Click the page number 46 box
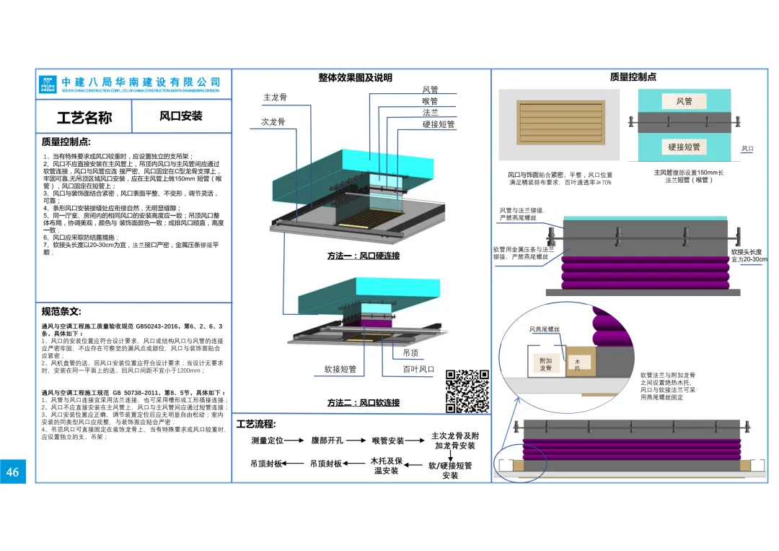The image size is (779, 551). coord(13,472)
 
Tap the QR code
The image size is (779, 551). coord(468,391)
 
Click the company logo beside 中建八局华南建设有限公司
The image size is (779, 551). coord(48,84)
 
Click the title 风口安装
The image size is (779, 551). coord(181,116)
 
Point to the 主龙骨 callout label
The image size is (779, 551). coord(276,97)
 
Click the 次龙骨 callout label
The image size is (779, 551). coord(273,121)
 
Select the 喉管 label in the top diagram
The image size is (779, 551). coord(430,101)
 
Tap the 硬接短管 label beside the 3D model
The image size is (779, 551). coord(439,123)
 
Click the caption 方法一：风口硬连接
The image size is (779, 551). coord(364,256)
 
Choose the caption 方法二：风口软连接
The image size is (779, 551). coord(364,402)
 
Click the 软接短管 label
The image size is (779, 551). coord(340,369)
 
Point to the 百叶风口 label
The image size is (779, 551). coord(418,369)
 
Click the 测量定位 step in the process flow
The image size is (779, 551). coord(267,440)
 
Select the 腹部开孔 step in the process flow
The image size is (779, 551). coord(327,440)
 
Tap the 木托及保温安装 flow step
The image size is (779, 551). coord(386,466)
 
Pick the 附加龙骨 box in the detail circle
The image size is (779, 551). coord(546,365)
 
